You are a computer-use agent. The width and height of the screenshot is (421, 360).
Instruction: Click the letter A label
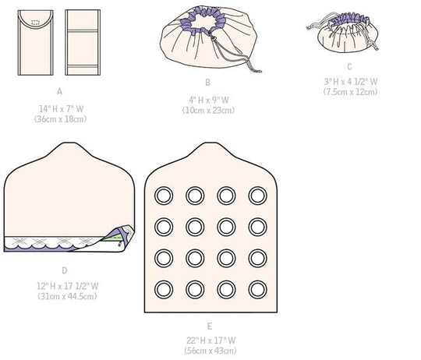(x=59, y=91)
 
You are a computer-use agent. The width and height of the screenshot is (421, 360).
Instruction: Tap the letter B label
(x=207, y=83)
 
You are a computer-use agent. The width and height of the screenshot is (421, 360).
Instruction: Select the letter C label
(x=349, y=66)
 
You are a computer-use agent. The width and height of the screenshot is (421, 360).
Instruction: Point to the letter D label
(x=65, y=270)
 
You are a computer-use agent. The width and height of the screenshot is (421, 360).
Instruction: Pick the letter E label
(x=210, y=326)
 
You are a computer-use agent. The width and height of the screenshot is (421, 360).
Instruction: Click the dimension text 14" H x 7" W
(x=61, y=108)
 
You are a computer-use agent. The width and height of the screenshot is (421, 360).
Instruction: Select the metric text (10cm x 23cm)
(x=208, y=110)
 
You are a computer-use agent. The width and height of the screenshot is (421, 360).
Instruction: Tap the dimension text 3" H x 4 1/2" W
(x=350, y=81)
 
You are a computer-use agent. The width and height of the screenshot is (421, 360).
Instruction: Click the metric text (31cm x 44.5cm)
(x=67, y=296)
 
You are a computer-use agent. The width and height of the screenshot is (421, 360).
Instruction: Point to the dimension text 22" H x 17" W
(x=210, y=341)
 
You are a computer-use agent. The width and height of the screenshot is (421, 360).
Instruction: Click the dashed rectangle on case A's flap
(x=35, y=23)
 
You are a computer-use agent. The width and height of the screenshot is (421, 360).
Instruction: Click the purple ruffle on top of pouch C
(x=350, y=20)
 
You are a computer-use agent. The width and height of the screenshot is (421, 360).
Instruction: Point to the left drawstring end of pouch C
(x=310, y=27)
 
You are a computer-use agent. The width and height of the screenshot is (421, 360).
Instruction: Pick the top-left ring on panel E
(x=164, y=196)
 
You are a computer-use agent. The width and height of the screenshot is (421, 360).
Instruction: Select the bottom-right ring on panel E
(x=257, y=289)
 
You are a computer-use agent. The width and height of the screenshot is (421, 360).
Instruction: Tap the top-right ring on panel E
(x=257, y=196)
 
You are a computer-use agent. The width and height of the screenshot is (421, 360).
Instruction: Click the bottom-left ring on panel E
(x=164, y=289)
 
